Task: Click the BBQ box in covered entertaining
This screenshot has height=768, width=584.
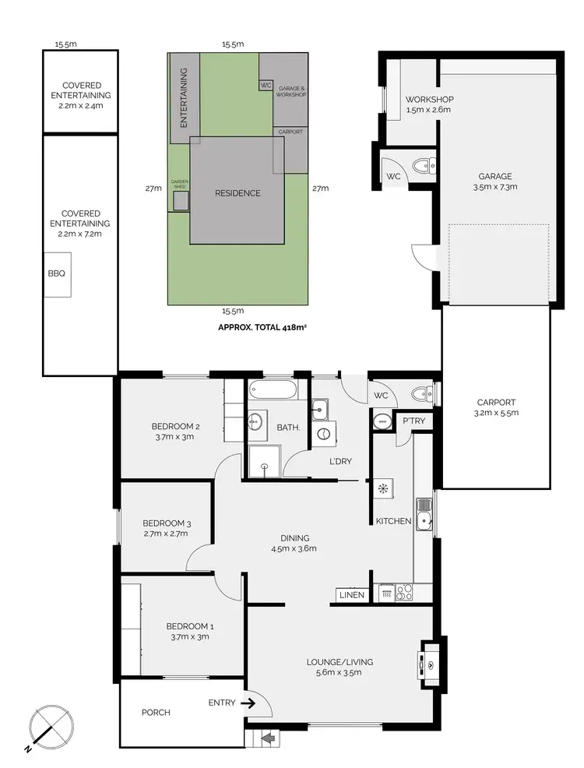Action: tap(58, 274)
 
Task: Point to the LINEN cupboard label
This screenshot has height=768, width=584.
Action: tap(350, 595)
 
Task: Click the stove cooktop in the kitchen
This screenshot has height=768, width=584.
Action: tap(403, 592)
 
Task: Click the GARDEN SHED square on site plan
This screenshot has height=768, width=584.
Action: tap(181, 200)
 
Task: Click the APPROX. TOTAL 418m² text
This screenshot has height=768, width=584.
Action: tap(262, 328)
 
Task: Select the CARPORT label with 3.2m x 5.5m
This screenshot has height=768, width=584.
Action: tap(497, 407)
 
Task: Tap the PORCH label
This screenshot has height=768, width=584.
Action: tap(156, 712)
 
